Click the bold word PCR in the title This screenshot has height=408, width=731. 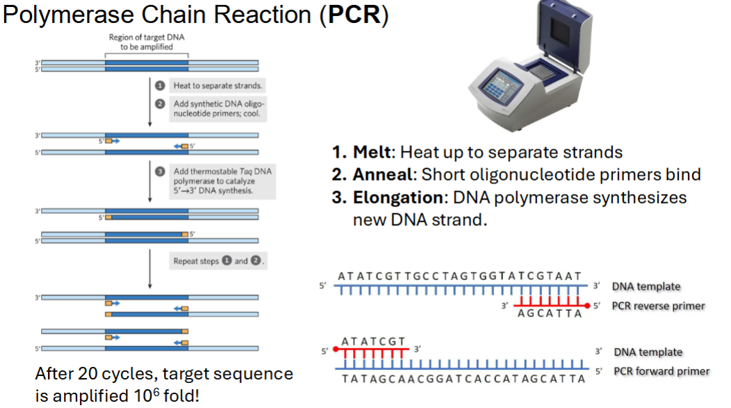(353, 15)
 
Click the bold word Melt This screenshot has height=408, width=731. (376, 152)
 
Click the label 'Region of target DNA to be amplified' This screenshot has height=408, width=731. (147, 42)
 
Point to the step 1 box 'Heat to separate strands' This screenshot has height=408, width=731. (217, 85)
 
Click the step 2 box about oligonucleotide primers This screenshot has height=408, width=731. (217, 108)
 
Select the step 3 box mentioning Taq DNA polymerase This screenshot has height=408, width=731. (222, 180)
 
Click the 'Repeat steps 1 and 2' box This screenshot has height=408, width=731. (220, 261)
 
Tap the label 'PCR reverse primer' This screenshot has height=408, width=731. (658, 306)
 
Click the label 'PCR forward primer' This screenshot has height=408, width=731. (661, 371)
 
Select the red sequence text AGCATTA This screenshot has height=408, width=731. (548, 313)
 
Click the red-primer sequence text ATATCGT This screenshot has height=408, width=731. (374, 341)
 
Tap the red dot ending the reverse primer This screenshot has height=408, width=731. (589, 306)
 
